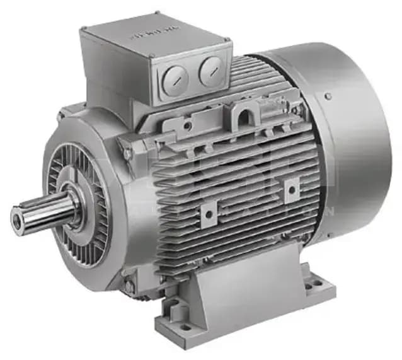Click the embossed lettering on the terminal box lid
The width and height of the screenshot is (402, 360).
coord(152,34)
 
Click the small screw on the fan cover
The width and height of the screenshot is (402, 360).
coord(328,96)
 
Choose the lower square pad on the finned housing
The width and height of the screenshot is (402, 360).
coord(208,214)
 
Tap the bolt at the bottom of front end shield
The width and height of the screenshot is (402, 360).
coord(129,286)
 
